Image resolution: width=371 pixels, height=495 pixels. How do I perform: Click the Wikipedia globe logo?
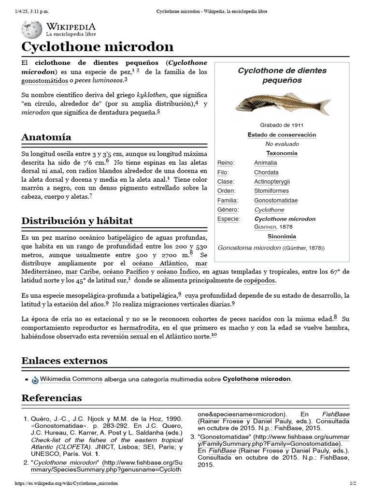click(32, 29)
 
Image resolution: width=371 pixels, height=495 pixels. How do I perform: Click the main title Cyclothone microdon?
click(97, 47)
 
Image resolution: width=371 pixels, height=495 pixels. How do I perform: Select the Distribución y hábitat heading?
click(77, 221)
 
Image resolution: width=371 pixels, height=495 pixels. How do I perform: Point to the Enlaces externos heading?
click(64, 361)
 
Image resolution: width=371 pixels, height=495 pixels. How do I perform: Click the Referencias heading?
click(52, 398)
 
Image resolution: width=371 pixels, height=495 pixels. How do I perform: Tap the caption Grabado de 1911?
click(282, 125)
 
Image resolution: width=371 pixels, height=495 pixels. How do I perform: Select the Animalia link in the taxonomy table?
click(265, 163)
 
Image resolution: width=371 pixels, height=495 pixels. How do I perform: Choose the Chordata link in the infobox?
click(266, 172)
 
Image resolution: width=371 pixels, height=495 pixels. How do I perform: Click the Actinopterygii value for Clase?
click(272, 182)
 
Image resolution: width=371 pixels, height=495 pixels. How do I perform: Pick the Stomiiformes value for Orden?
click(271, 191)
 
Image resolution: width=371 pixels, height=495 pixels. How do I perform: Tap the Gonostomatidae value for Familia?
click(276, 200)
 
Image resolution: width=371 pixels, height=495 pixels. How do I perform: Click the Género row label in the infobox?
click(228, 210)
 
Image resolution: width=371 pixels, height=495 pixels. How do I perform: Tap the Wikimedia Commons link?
click(71, 379)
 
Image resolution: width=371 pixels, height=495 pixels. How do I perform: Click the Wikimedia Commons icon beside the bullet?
click(35, 380)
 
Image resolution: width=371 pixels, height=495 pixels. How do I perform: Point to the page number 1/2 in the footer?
click(352, 483)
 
